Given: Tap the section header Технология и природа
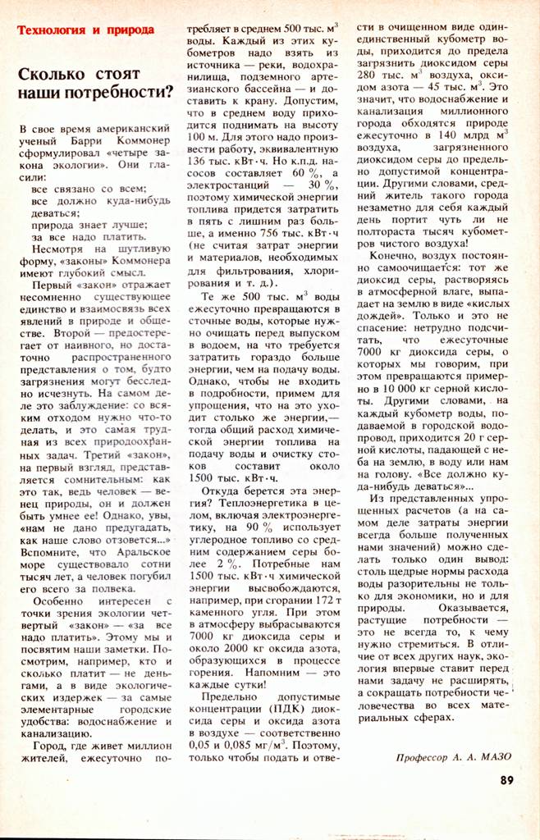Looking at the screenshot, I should point(85,30).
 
